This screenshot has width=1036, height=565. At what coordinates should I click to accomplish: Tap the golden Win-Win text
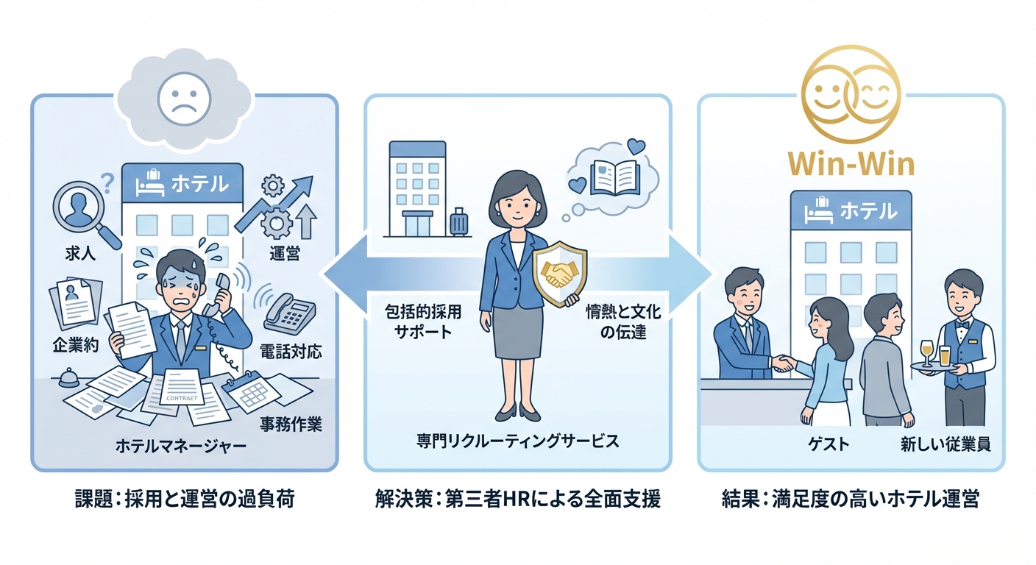coord(851,163)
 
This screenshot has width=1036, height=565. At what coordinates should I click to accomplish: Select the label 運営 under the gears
coord(283,254)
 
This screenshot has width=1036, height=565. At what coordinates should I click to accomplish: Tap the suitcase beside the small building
coord(460,222)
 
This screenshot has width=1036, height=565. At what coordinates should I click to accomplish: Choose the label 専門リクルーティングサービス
coord(517,441)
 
